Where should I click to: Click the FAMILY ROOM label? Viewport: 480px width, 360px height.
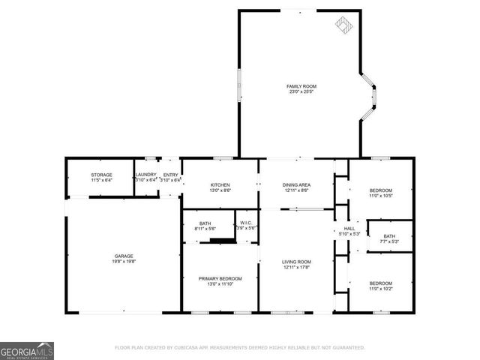pyautogui.click(x=301, y=86)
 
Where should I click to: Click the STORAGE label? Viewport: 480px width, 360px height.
pyautogui.click(x=101, y=175)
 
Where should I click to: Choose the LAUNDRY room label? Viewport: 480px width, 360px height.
pyautogui.click(x=145, y=175)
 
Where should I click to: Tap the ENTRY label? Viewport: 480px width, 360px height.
pyautogui.click(x=170, y=175)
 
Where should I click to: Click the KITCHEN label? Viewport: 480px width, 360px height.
pyautogui.click(x=220, y=184)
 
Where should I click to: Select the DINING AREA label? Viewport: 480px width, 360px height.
pyautogui.click(x=297, y=184)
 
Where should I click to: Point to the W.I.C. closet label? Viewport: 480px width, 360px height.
pyautogui.click(x=247, y=222)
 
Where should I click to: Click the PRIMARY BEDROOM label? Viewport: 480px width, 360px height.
pyautogui.click(x=220, y=278)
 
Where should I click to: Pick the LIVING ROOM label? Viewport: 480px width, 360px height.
pyautogui.click(x=297, y=262)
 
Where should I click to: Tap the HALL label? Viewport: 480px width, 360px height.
pyautogui.click(x=349, y=228)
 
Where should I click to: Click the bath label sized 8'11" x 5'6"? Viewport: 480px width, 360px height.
pyautogui.click(x=205, y=223)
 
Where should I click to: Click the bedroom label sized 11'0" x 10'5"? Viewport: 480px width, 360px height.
pyautogui.click(x=380, y=190)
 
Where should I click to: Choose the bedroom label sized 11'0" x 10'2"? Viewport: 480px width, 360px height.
pyautogui.click(x=380, y=283)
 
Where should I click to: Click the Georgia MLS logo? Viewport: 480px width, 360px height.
pyautogui.click(x=26, y=351)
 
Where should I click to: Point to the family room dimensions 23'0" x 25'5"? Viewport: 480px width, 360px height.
pyautogui.click(x=301, y=92)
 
